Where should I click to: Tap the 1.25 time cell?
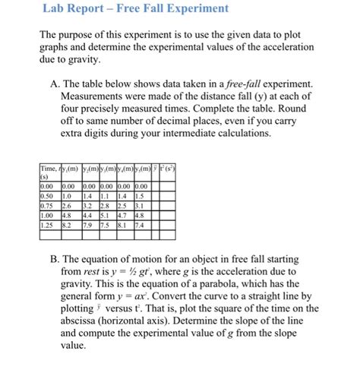[x=46, y=225]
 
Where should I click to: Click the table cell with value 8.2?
[x=67, y=225]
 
